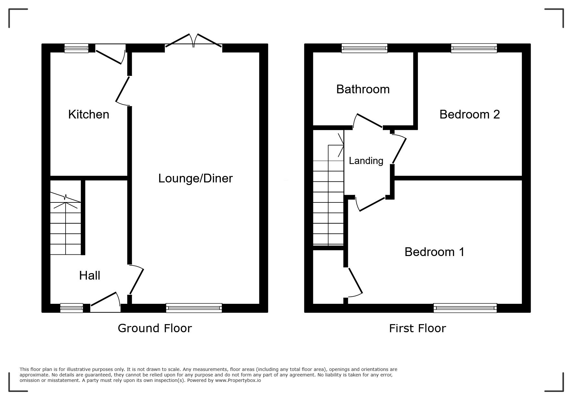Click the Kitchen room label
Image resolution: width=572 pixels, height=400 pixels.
tap(88, 114)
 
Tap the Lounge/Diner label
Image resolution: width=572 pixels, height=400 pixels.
tap(195, 178)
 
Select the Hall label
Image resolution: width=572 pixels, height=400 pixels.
tap(89, 275)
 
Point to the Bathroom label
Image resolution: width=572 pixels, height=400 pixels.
tap(363, 89)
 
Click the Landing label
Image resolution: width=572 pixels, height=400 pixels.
tap(366, 161)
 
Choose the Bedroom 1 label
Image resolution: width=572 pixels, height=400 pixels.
tap(434, 252)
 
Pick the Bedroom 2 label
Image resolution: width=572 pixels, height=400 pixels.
tap(470, 114)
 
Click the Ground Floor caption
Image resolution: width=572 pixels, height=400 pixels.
tap(155, 328)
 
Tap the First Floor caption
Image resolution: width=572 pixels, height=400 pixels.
tap(417, 328)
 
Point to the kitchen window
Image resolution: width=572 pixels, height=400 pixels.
tap(76, 48)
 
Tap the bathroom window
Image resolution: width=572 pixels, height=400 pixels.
tap(365, 48)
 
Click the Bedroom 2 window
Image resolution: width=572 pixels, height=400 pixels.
tap(474, 48)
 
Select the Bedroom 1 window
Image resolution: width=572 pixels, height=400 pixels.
tap(465, 308)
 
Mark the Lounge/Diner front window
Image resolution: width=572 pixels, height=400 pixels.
tap(194, 308)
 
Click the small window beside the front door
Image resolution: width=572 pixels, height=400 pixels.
tap(72, 308)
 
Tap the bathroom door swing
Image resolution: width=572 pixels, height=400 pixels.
tap(368, 120)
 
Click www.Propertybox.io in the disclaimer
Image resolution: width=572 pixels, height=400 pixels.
tap(238, 380)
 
